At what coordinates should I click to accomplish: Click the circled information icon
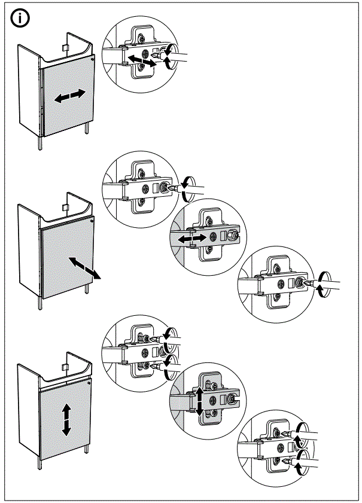tap(20, 19)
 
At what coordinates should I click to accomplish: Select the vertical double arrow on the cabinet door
tap(66, 419)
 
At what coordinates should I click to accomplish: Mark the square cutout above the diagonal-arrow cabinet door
tap(65, 206)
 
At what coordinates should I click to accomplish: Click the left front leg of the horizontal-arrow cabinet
tap(40, 143)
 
